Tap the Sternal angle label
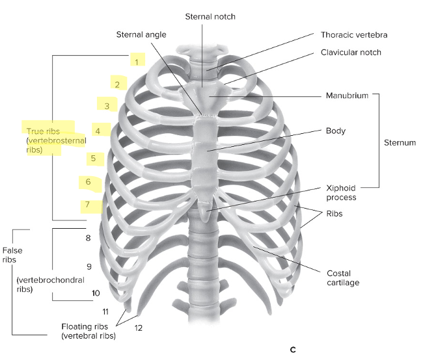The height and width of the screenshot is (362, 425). click(x=142, y=34)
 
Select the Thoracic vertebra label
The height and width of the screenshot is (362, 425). click(x=354, y=34)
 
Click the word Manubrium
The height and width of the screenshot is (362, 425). click(x=347, y=96)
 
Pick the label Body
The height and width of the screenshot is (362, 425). click(x=336, y=131)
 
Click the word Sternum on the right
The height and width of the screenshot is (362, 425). click(x=398, y=142)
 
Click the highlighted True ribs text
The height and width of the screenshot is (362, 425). click(x=43, y=131)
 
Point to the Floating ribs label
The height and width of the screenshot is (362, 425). click(x=88, y=326)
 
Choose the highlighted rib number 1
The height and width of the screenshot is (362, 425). click(x=137, y=61)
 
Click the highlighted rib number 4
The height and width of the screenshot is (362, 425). click(x=98, y=131)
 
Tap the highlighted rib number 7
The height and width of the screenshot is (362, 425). click(x=87, y=205)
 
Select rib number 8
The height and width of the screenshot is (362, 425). click(x=87, y=238)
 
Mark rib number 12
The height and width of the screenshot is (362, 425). click(x=138, y=328)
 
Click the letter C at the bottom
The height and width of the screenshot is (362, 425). click(x=293, y=350)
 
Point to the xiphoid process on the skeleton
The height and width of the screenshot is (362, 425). click(x=207, y=212)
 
